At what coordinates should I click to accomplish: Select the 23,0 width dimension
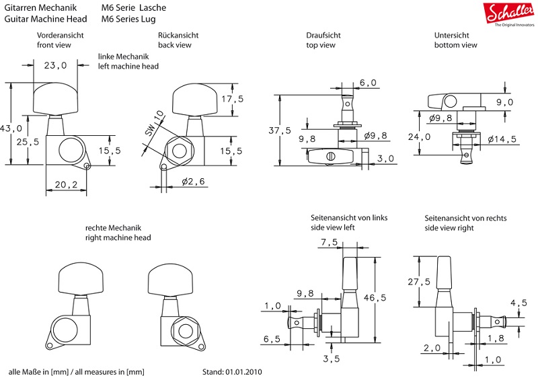coord(55,66)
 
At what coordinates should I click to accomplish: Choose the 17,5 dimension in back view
coord(231,99)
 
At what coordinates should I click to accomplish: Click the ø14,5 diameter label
coord(502,139)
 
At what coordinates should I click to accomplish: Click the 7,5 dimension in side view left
coord(330,242)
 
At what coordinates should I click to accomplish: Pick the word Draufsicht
coord(324,35)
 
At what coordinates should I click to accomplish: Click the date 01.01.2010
coord(243,371)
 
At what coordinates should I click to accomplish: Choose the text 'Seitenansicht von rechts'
coord(465,219)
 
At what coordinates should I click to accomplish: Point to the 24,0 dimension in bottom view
coord(424,137)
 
